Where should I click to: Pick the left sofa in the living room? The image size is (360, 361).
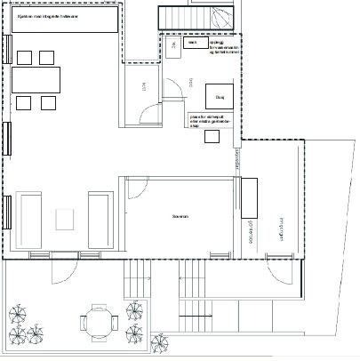point(28,220)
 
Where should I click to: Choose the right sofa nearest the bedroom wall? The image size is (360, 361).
point(100,220)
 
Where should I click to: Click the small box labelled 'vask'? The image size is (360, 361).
point(191,42)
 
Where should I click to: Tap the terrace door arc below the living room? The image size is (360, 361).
point(67,264)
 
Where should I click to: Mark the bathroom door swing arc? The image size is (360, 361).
point(174,87)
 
